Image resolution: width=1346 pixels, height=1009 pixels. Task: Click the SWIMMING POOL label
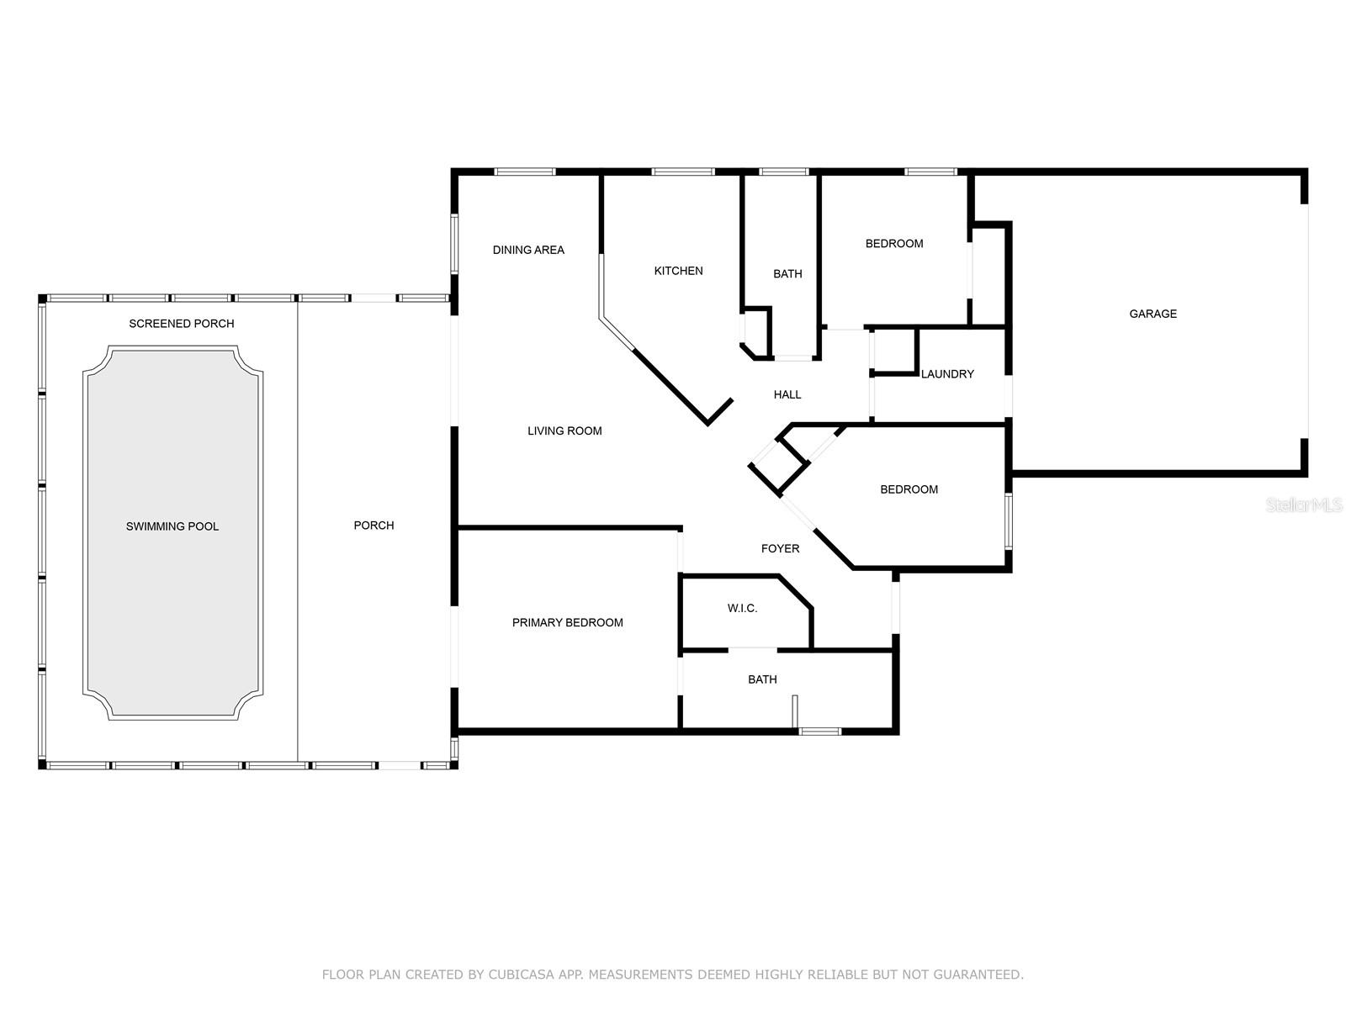(x=172, y=526)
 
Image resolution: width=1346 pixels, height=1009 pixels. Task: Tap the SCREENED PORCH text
(x=182, y=324)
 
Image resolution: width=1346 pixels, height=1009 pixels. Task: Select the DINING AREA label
(x=528, y=250)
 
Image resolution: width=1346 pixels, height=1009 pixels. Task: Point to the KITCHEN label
(x=678, y=271)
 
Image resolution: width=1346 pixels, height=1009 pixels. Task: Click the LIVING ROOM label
(x=564, y=431)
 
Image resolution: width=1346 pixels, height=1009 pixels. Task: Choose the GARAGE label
(x=1153, y=314)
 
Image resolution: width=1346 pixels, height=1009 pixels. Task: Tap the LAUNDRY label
(x=947, y=373)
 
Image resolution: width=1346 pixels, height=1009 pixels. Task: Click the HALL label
(x=787, y=394)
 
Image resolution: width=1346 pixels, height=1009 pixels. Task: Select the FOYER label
(x=780, y=548)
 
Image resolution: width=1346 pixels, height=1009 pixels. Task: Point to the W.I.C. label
(x=743, y=608)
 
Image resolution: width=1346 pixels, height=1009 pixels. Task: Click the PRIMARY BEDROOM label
(x=567, y=622)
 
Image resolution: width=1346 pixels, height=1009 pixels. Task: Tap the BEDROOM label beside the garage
(x=894, y=243)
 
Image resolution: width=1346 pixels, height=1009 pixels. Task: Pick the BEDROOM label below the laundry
(x=909, y=489)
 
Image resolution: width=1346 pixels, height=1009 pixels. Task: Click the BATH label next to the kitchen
(x=787, y=274)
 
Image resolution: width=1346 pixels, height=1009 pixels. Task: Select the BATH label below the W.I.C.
(x=762, y=679)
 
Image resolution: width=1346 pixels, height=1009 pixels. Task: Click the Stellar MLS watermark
(x=1304, y=504)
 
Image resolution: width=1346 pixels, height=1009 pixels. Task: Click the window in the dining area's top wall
(x=525, y=172)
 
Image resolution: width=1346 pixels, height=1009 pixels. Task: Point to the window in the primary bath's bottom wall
(x=820, y=731)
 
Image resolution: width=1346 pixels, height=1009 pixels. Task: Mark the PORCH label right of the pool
(x=374, y=525)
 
